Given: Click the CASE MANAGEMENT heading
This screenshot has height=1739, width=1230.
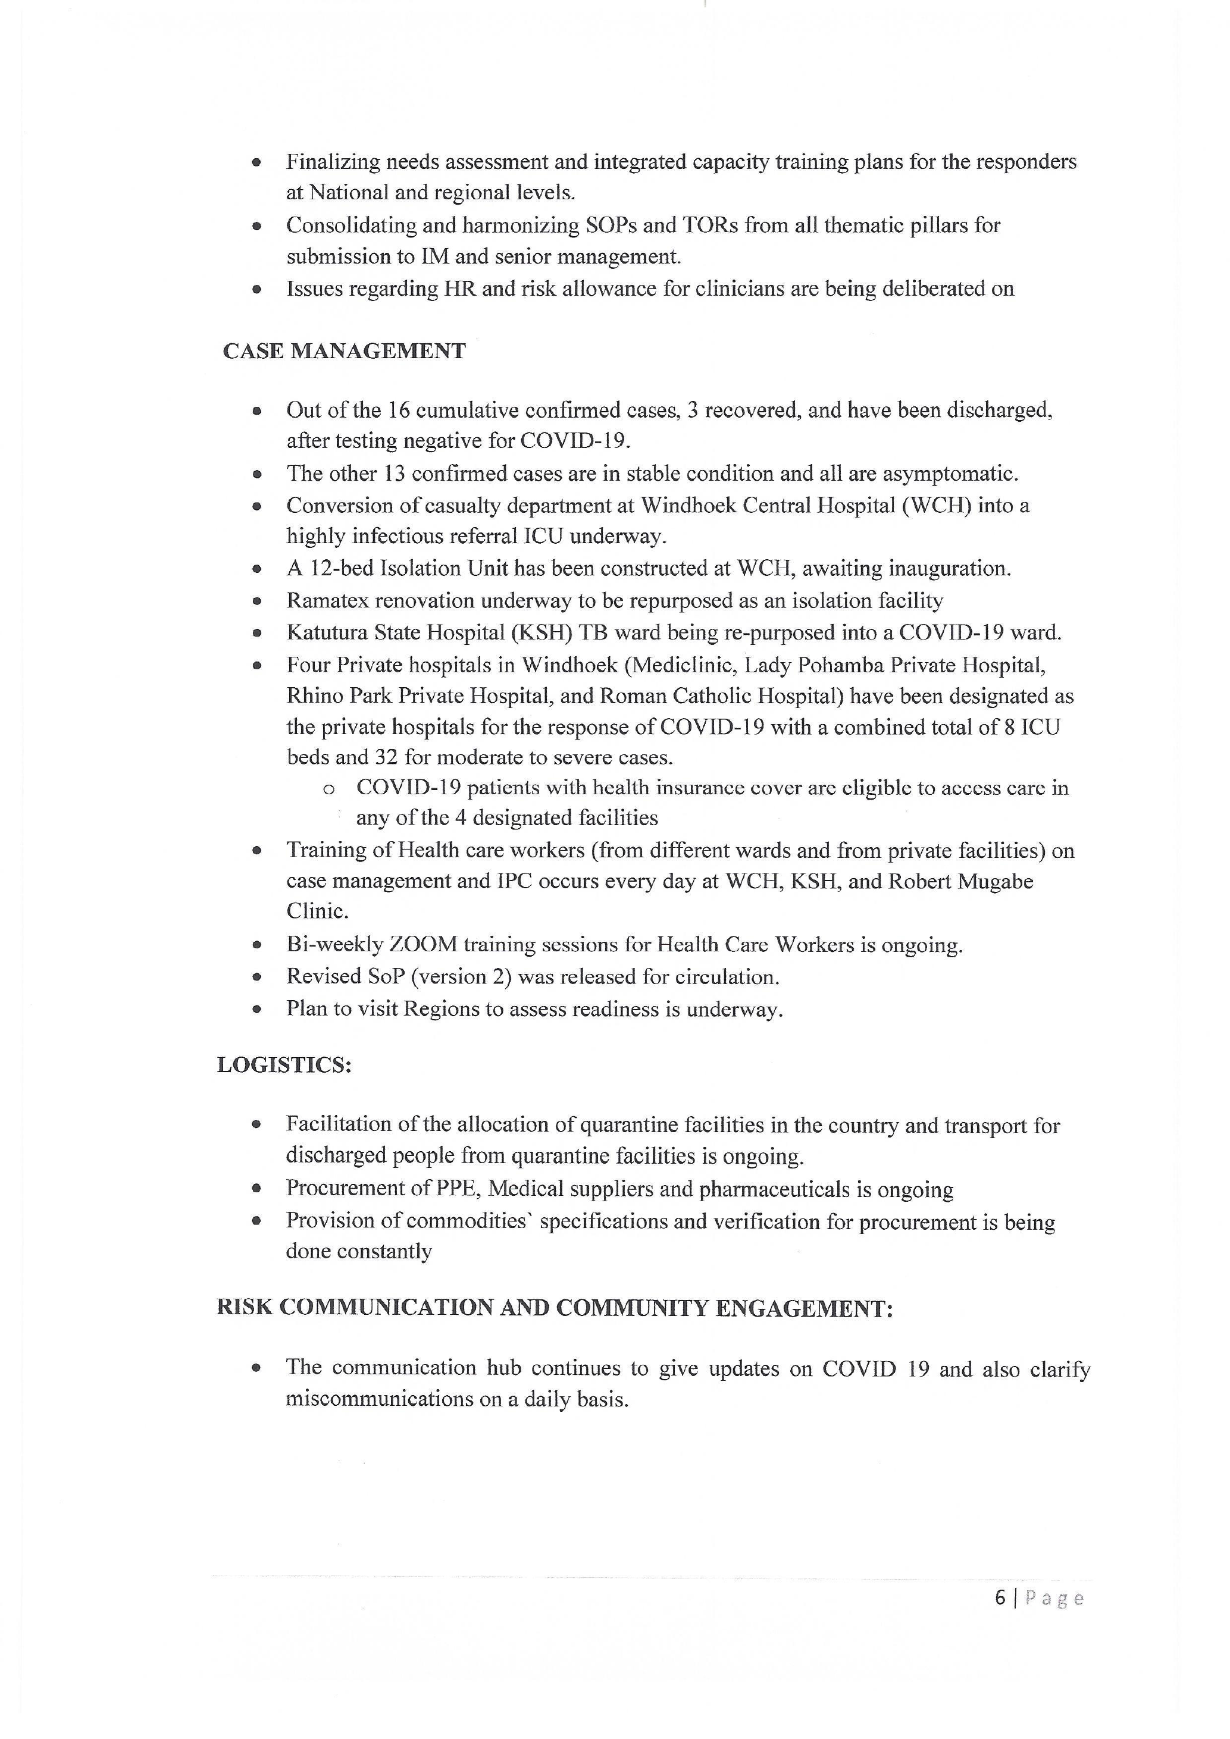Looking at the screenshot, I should click(344, 352).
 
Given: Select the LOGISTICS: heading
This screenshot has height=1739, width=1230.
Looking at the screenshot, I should click(284, 1065).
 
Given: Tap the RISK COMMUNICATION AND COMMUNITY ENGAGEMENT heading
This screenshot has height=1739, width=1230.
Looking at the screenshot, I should click(555, 1308).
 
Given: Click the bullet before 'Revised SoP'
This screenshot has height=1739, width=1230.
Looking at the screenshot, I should click(258, 978).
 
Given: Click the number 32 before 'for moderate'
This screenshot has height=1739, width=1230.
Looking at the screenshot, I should click(386, 757).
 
